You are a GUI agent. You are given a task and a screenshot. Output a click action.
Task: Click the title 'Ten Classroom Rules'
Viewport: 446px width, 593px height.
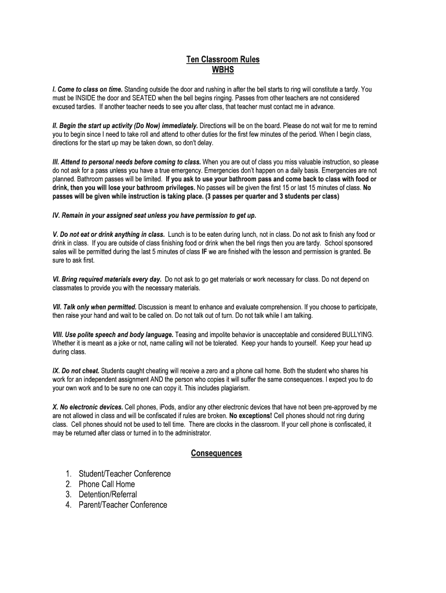pos(222,59)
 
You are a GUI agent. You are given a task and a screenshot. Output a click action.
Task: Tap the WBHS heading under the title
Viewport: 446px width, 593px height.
pos(222,69)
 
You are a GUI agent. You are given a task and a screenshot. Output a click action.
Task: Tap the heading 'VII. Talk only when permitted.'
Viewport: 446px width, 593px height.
pos(94,306)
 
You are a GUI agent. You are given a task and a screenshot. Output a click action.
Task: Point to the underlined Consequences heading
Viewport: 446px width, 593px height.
pos(217,453)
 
